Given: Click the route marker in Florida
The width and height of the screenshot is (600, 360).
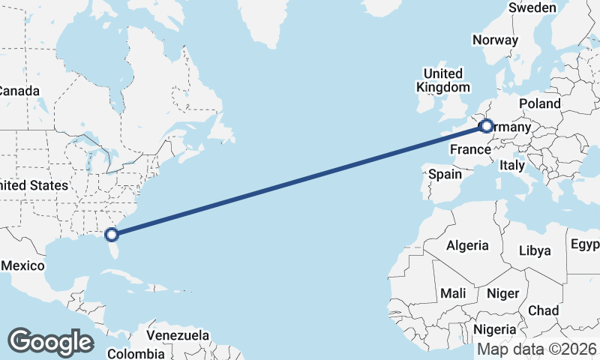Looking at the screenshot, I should point(112,234).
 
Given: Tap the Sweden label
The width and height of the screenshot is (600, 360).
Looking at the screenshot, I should point(532,7).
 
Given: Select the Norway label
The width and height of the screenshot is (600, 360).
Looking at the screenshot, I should point(496,40).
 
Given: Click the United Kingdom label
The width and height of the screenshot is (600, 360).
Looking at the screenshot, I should point(442,80).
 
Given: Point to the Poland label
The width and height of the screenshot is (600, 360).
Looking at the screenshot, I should point(539,103).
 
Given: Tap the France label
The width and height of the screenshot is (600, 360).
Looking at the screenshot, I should point(470,150).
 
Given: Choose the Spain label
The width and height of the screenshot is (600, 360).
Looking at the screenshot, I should point(445,174).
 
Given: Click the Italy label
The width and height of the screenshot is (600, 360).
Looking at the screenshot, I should point(512,165).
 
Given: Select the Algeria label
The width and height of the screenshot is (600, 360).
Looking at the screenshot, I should point(467,245).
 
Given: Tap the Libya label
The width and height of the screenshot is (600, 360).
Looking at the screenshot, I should point(535,250).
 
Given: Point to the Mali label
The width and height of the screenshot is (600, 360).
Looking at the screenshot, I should point(454,293).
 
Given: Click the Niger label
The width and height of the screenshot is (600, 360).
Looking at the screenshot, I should point(502,293).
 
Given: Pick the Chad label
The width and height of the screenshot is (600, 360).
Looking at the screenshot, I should point(543,310).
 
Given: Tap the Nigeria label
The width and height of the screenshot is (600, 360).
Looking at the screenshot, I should point(495,329).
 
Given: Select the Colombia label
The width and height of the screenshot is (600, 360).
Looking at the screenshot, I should point(136,353).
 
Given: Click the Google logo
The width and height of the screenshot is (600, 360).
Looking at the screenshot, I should point(50,341).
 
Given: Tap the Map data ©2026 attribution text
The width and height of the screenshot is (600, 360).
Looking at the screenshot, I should point(538,349).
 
